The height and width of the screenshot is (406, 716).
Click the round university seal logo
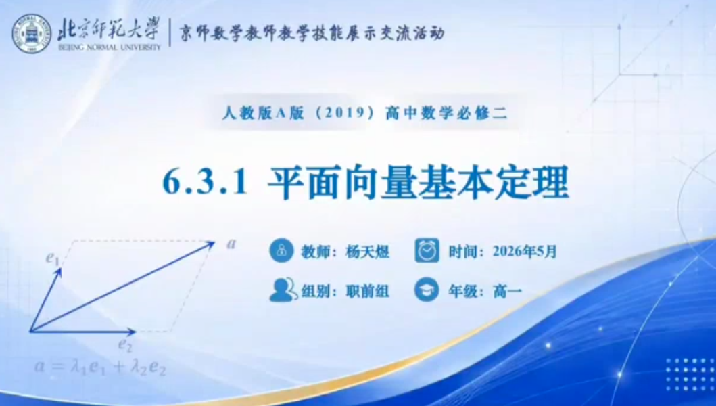[32, 33]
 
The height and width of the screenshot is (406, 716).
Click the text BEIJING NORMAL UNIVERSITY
[110, 47]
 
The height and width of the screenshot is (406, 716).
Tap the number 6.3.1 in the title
[205, 182]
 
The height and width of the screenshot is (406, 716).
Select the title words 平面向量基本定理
[418, 183]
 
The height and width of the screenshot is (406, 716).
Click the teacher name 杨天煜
[368, 252]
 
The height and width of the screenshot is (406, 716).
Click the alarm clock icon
[427, 250]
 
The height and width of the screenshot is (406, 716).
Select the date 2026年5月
[525, 252]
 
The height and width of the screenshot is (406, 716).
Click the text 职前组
[368, 291]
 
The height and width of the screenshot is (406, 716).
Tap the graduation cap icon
[427, 290]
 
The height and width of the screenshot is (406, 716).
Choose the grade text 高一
[507, 291]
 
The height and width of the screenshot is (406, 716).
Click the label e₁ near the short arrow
[53, 258]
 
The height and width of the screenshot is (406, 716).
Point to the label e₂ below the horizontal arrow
[125, 345]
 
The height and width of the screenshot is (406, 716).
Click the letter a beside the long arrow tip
[231, 244]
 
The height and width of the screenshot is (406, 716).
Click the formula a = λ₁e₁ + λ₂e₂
[100, 367]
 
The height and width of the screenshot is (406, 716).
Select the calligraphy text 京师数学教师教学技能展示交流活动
[312, 33]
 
